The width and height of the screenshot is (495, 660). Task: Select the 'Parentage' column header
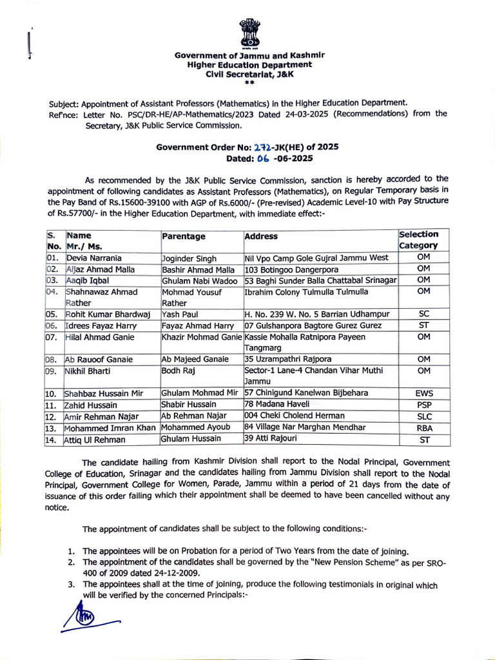coord(184,237)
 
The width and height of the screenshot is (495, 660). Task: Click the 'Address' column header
coord(261,237)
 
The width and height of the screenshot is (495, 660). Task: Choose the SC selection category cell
coord(423,314)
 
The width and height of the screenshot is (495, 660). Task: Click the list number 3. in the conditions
coord(72,585)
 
